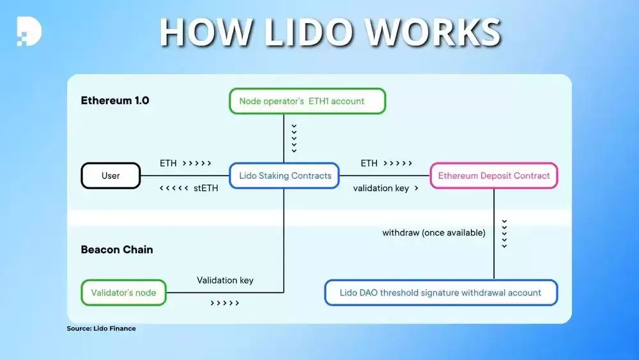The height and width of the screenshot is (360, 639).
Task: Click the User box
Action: (x=111, y=176)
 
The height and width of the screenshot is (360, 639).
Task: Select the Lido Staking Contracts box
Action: (x=284, y=176)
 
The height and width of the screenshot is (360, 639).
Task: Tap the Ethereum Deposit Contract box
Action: (x=494, y=176)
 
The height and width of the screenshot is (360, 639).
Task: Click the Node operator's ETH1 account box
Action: (x=307, y=101)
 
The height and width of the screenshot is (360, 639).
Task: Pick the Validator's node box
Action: (x=123, y=293)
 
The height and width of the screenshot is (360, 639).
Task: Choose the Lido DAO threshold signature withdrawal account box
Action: (x=441, y=293)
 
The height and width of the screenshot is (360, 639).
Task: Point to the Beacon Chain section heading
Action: (x=117, y=249)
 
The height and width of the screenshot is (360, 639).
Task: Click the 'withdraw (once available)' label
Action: (x=434, y=233)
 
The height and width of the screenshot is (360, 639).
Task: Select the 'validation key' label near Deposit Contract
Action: (x=381, y=188)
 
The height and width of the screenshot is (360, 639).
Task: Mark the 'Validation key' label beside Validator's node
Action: (x=225, y=280)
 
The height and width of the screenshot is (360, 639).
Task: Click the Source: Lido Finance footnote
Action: (x=101, y=329)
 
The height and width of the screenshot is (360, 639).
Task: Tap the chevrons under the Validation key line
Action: (x=225, y=303)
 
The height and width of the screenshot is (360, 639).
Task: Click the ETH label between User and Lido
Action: (x=168, y=164)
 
